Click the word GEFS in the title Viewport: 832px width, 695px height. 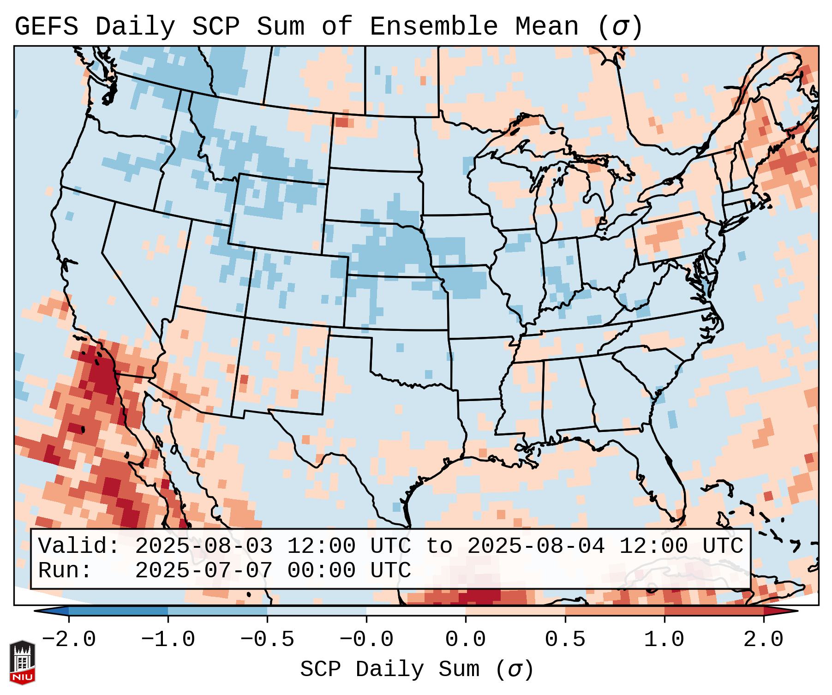click(x=46, y=27)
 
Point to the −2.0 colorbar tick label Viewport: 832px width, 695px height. click(x=69, y=640)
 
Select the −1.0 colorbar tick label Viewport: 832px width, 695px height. click(x=168, y=640)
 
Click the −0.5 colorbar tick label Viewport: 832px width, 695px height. click(x=267, y=640)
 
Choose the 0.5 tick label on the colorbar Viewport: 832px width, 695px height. click(x=565, y=640)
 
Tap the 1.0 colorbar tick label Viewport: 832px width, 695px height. click(x=664, y=640)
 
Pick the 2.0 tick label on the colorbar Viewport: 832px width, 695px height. click(x=764, y=640)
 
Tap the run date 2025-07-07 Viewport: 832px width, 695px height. click(x=204, y=570)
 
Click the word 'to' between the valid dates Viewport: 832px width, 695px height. click(x=439, y=546)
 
